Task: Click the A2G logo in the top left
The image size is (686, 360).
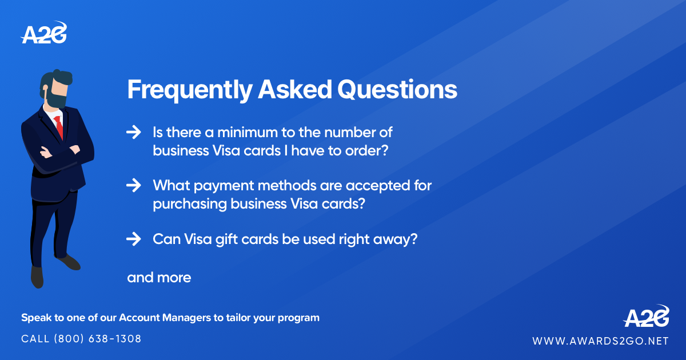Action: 44,34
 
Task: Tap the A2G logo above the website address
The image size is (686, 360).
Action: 646,316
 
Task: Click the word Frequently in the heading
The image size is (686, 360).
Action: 189,90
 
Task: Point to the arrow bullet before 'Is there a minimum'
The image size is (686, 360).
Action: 133,133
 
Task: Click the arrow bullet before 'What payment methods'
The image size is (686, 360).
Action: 133,185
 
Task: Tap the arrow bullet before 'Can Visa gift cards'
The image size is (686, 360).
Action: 133,239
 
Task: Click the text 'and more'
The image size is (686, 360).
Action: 159,278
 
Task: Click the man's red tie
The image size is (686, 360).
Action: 59,127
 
